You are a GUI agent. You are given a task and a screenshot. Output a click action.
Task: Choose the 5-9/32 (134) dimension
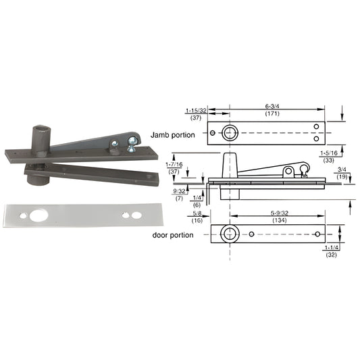(x=274, y=216)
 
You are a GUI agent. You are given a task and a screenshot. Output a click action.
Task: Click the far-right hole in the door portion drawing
(x=317, y=234)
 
